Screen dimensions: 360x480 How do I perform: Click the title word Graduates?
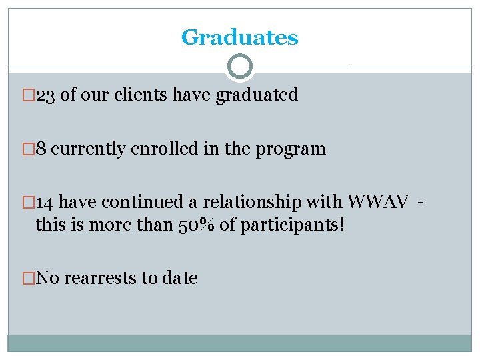coord(239,37)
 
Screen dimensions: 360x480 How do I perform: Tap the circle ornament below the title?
coord(240,67)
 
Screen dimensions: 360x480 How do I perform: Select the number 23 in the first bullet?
coord(46,95)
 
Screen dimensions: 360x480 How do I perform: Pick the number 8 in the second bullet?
coord(41,149)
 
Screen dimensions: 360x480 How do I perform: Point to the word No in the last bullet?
coord(46,278)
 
